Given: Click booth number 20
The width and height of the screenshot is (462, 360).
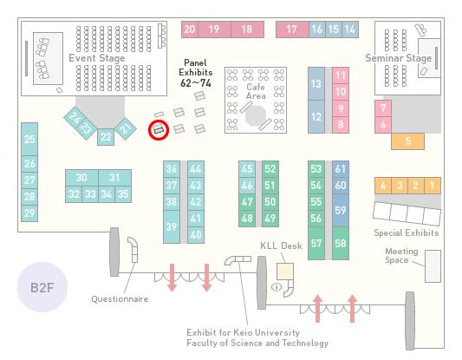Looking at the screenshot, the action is point(190,29).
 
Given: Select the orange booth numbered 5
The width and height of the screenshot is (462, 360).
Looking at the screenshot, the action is point(407,141).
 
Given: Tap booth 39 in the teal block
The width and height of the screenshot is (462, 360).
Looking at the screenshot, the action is point(172,226).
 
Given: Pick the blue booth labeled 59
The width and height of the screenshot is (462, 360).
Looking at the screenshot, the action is point(341,210).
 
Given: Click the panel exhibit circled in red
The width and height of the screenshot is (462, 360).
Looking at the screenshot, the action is point(159,129).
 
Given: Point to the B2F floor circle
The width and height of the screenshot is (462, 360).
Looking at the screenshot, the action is point(42,287).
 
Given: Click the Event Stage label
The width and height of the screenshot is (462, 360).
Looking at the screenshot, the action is point(97,58).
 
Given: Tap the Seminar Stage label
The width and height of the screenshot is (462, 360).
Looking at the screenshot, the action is point(399,58).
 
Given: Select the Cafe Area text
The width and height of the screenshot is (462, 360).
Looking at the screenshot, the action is point(256,91).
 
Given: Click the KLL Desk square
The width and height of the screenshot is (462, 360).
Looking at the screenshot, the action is point(285,272).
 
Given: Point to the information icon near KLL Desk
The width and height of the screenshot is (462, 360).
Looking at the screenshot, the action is point(277,286).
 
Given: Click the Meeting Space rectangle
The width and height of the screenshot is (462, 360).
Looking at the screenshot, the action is point(433,266).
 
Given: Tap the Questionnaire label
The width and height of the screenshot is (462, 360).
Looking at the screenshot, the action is point(120,299).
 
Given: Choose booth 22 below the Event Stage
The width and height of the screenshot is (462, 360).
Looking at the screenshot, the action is point(106,137).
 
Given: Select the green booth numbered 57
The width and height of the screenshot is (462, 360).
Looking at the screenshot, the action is point(316,243).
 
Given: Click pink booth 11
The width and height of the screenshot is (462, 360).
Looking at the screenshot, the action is point(341,75).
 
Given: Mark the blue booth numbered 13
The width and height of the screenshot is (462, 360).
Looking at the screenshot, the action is point(316,84).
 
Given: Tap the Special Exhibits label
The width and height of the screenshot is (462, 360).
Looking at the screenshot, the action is point(407,233).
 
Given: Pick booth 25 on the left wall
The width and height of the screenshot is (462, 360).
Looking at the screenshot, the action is point(29,139).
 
